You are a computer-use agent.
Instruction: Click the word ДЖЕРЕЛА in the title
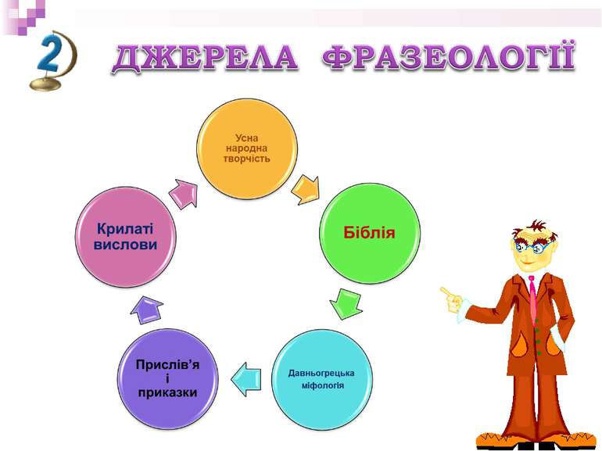click(x=205, y=59)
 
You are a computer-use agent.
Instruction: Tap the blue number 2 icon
click(x=51, y=58)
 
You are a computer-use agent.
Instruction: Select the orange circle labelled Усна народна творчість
click(x=247, y=149)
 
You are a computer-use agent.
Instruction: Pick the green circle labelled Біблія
click(x=370, y=233)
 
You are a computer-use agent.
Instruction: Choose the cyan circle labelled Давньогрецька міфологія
click(x=321, y=378)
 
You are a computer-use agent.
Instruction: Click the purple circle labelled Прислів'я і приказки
click(x=167, y=378)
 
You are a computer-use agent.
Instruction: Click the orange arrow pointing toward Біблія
click(x=306, y=188)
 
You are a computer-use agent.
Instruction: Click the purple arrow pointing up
click(x=146, y=310)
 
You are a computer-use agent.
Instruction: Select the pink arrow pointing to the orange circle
click(x=184, y=193)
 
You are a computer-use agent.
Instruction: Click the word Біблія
click(x=370, y=233)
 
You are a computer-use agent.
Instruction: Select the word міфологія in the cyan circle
click(x=322, y=386)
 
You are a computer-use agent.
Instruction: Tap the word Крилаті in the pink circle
click(x=126, y=228)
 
